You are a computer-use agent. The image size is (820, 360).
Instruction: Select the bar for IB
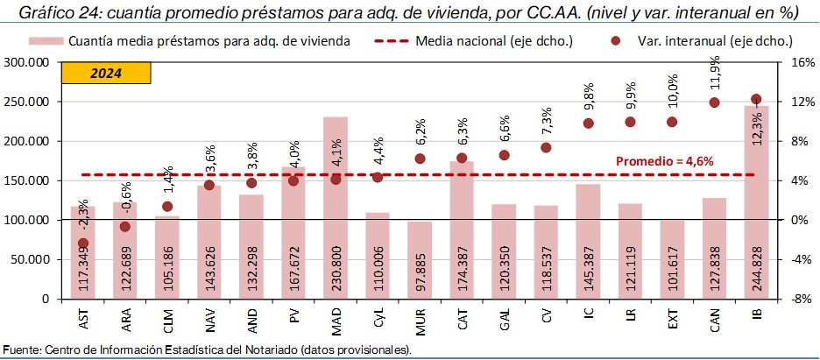tap(756, 201)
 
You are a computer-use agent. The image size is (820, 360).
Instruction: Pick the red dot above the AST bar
tap(83, 243)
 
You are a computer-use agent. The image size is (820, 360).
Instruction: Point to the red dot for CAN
tap(714, 102)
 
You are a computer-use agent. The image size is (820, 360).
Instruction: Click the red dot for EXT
tap(672, 122)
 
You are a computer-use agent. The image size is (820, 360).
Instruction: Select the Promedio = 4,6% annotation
tap(664, 161)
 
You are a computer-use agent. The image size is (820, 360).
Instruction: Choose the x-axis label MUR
tap(420, 319)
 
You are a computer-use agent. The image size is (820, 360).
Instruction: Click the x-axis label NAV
tap(209, 319)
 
